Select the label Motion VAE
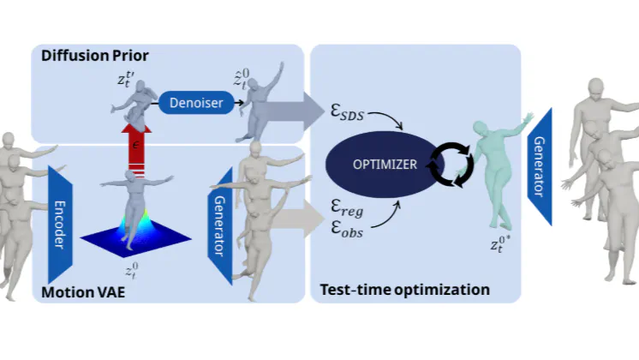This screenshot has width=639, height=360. tap(83, 292)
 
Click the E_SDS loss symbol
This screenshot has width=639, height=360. tap(349, 111)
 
